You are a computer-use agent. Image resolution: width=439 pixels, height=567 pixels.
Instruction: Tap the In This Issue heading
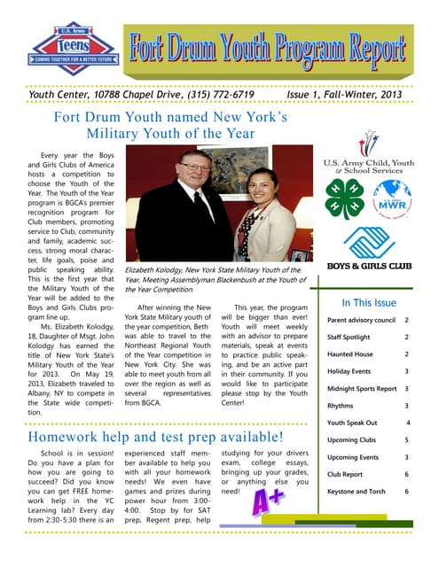click(x=368, y=302)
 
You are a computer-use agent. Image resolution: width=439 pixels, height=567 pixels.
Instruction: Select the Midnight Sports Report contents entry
click(x=362, y=389)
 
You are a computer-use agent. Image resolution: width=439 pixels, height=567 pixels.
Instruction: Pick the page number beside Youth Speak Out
click(x=405, y=423)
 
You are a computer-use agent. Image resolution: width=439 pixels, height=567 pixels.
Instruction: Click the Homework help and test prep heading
click(x=156, y=438)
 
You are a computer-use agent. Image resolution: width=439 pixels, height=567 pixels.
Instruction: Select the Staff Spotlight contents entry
click(x=349, y=338)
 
